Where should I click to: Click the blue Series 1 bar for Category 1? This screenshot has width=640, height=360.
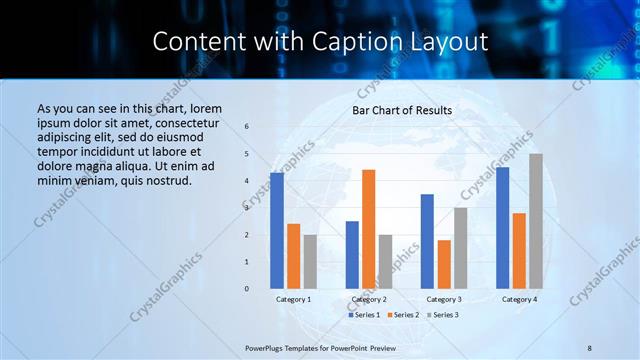(277, 231)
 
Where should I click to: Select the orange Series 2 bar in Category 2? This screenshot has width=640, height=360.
(369, 229)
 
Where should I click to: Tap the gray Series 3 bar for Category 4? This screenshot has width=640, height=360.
(536, 221)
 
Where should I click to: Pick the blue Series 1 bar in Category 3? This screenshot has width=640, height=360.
(427, 241)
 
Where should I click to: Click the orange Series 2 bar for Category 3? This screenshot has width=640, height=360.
(444, 264)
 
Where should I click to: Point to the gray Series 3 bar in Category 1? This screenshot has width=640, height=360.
(310, 261)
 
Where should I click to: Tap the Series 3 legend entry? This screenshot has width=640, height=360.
(444, 314)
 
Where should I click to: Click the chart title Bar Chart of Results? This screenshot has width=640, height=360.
(402, 110)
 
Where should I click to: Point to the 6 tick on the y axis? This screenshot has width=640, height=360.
(248, 127)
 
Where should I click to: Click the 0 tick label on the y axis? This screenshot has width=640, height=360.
(248, 289)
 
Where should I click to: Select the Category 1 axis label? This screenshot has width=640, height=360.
(293, 299)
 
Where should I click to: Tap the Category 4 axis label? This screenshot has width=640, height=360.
(519, 299)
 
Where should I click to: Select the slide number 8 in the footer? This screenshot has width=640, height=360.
(590, 348)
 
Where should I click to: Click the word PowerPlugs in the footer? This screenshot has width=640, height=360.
(266, 348)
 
